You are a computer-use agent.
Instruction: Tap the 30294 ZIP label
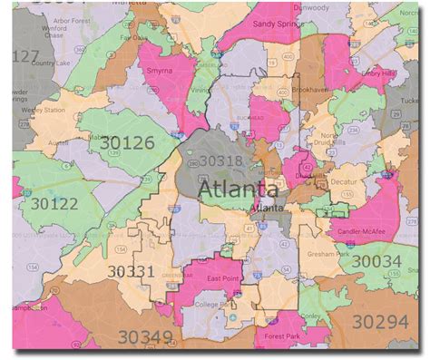tap(382, 321)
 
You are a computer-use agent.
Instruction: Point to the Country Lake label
tap(43, 63)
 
